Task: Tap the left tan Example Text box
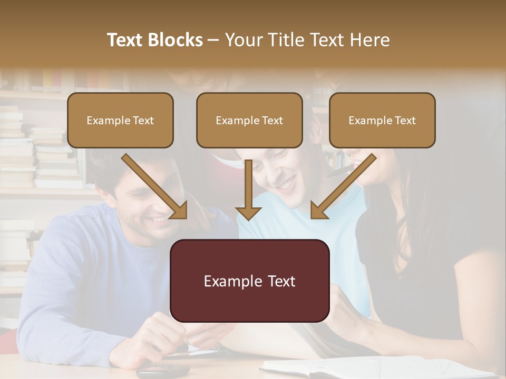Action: coord(120,121)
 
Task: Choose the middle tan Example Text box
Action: coord(249,121)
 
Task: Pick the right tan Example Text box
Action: coord(382,121)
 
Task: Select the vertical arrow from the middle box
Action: coord(248,189)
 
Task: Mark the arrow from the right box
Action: coord(343,185)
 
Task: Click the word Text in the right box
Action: coord(405,121)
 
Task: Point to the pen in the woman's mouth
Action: coord(337,172)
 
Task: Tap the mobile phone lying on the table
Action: coord(163,372)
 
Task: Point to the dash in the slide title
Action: coord(213,40)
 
